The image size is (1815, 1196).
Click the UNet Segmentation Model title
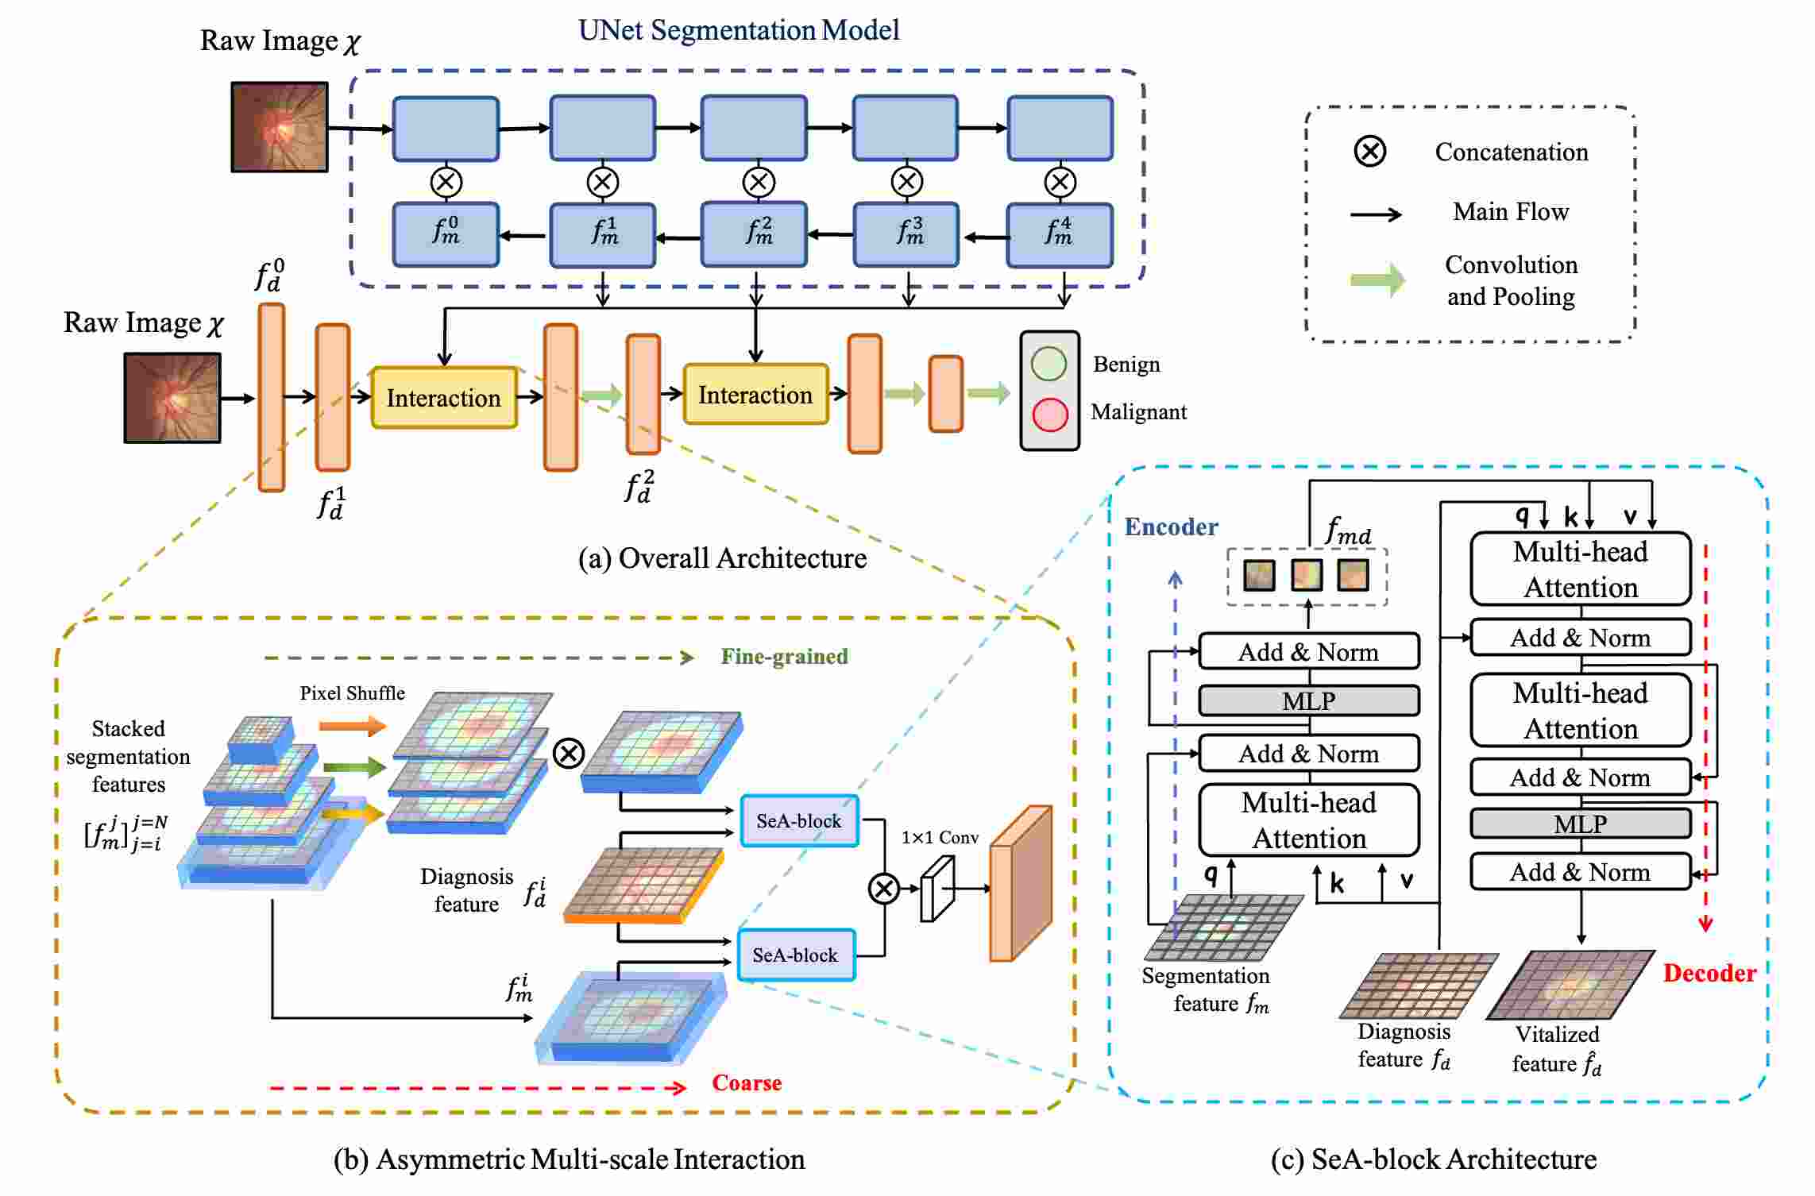(x=739, y=30)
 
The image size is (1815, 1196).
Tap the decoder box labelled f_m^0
(x=446, y=234)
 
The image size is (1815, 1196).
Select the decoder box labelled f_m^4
(x=1060, y=234)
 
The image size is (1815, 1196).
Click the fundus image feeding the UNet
(x=280, y=127)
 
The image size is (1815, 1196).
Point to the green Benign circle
(x=1048, y=364)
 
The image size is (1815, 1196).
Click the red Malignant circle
(x=1050, y=415)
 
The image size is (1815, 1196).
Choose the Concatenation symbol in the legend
(x=1370, y=151)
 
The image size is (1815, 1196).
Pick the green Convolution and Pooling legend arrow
(x=1378, y=280)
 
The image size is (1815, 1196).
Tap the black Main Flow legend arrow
(x=1377, y=214)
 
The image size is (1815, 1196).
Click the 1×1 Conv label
(x=940, y=837)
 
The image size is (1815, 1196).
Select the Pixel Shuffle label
(x=352, y=693)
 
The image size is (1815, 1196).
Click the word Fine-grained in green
(x=784, y=656)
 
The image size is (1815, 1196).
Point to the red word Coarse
(x=747, y=1082)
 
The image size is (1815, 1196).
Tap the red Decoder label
(x=1709, y=973)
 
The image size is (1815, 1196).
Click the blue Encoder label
(x=1171, y=527)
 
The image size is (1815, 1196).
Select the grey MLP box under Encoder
(x=1309, y=700)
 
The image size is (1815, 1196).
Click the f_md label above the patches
(x=1348, y=530)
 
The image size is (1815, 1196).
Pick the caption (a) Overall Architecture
(x=722, y=557)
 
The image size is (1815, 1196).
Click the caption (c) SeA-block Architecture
(x=1434, y=1159)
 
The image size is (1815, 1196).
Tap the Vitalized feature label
(x=1557, y=1048)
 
